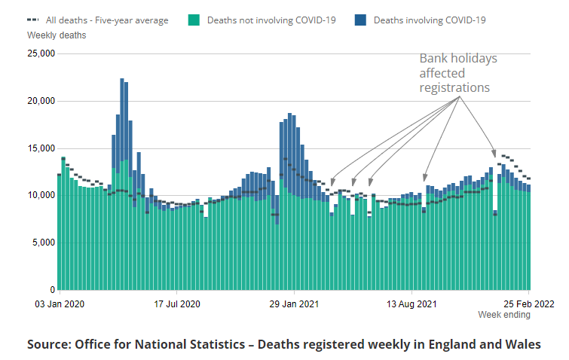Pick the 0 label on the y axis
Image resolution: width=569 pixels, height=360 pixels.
click(x=52, y=290)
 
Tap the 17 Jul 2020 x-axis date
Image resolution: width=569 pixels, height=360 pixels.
click(x=177, y=304)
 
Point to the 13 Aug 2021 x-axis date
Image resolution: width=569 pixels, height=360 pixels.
click(x=412, y=304)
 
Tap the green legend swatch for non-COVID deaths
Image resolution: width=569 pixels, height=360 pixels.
click(x=194, y=20)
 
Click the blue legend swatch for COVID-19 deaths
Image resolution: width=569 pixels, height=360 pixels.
click(x=360, y=20)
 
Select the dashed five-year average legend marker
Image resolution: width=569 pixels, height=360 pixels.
click(x=33, y=20)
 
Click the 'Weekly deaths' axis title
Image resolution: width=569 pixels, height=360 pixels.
click(x=57, y=35)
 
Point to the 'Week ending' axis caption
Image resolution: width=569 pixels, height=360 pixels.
click(x=503, y=315)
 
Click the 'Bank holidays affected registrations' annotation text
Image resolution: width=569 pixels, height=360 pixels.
click(x=458, y=73)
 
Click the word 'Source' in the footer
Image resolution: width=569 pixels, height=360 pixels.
click(x=49, y=344)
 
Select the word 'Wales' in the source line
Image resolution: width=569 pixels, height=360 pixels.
click(x=524, y=344)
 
